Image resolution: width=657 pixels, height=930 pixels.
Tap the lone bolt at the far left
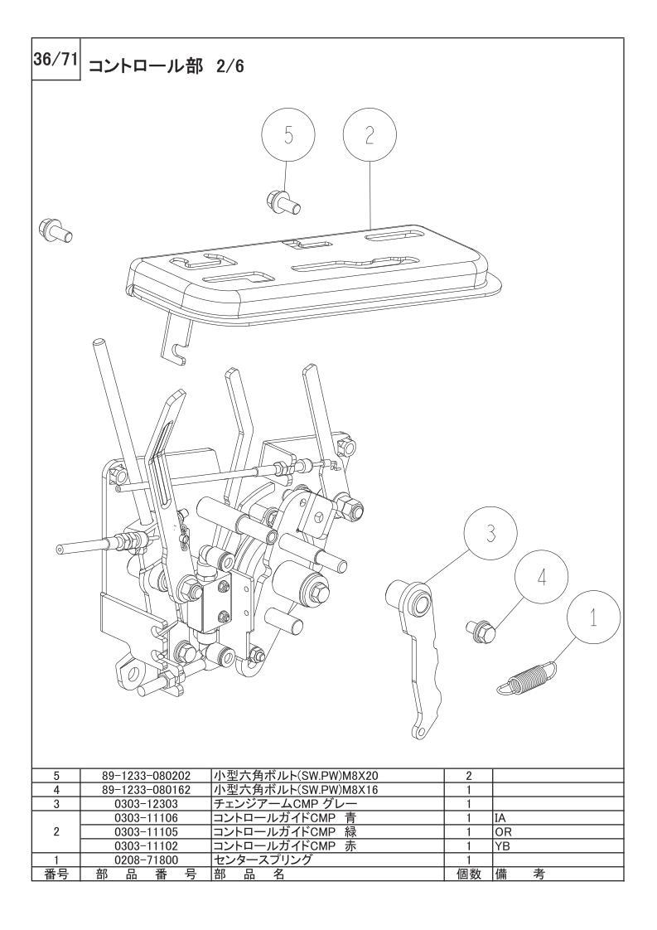point(55,230)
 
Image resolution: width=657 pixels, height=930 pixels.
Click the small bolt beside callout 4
point(481,631)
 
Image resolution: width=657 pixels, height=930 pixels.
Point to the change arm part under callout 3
point(420,652)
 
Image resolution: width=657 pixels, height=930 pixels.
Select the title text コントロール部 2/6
point(166,65)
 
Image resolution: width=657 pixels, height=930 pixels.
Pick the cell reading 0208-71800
point(146,860)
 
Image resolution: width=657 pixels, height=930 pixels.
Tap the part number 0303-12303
point(146,804)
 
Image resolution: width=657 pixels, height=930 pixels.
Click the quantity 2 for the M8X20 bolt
point(468,775)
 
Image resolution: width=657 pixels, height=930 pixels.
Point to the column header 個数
point(468,874)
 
